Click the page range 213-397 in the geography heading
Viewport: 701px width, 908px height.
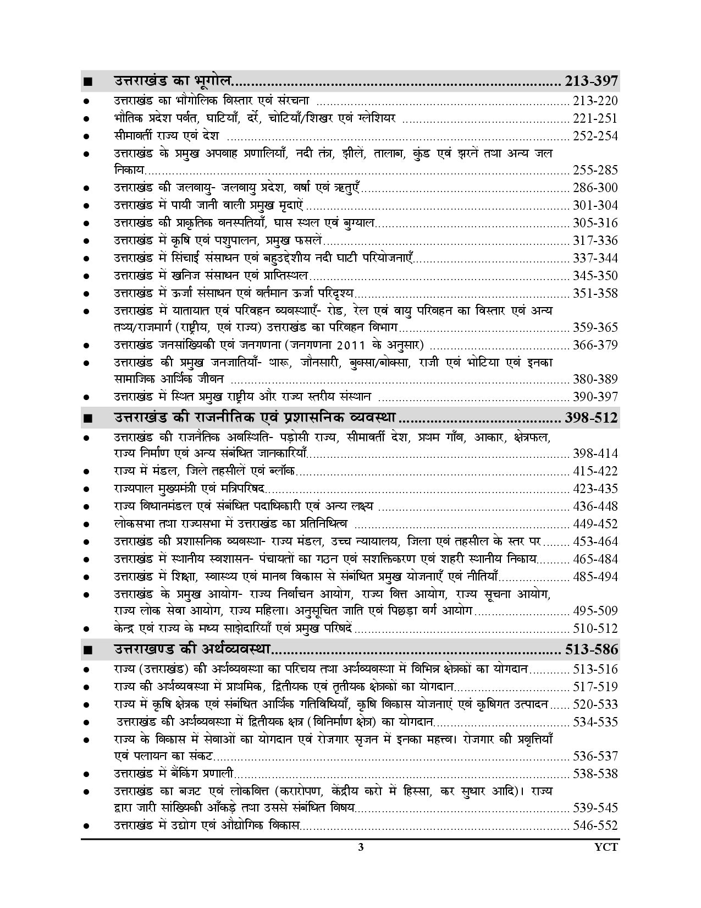tap(591, 81)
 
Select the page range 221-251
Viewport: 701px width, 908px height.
tap(595, 118)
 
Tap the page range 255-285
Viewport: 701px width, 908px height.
tap(595, 170)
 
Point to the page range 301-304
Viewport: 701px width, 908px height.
tap(595, 205)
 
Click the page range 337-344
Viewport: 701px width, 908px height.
tap(595, 258)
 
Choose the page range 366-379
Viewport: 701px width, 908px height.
tap(595, 345)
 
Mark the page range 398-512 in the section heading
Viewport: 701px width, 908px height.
tap(591, 418)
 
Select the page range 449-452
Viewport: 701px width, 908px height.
tap(595, 524)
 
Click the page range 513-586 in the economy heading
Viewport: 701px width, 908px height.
tap(591, 649)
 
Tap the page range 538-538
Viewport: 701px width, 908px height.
tap(595, 774)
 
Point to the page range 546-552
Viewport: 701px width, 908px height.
tap(595, 825)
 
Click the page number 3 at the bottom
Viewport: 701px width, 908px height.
tap(361, 847)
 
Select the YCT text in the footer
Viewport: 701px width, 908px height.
tap(607, 847)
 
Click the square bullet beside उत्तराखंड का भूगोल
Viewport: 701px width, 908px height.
tap(87, 82)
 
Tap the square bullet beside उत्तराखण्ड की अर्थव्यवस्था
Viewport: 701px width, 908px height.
tap(87, 650)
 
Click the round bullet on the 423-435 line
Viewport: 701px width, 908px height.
tap(86, 489)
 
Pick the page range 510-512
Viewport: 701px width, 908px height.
tap(595, 628)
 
